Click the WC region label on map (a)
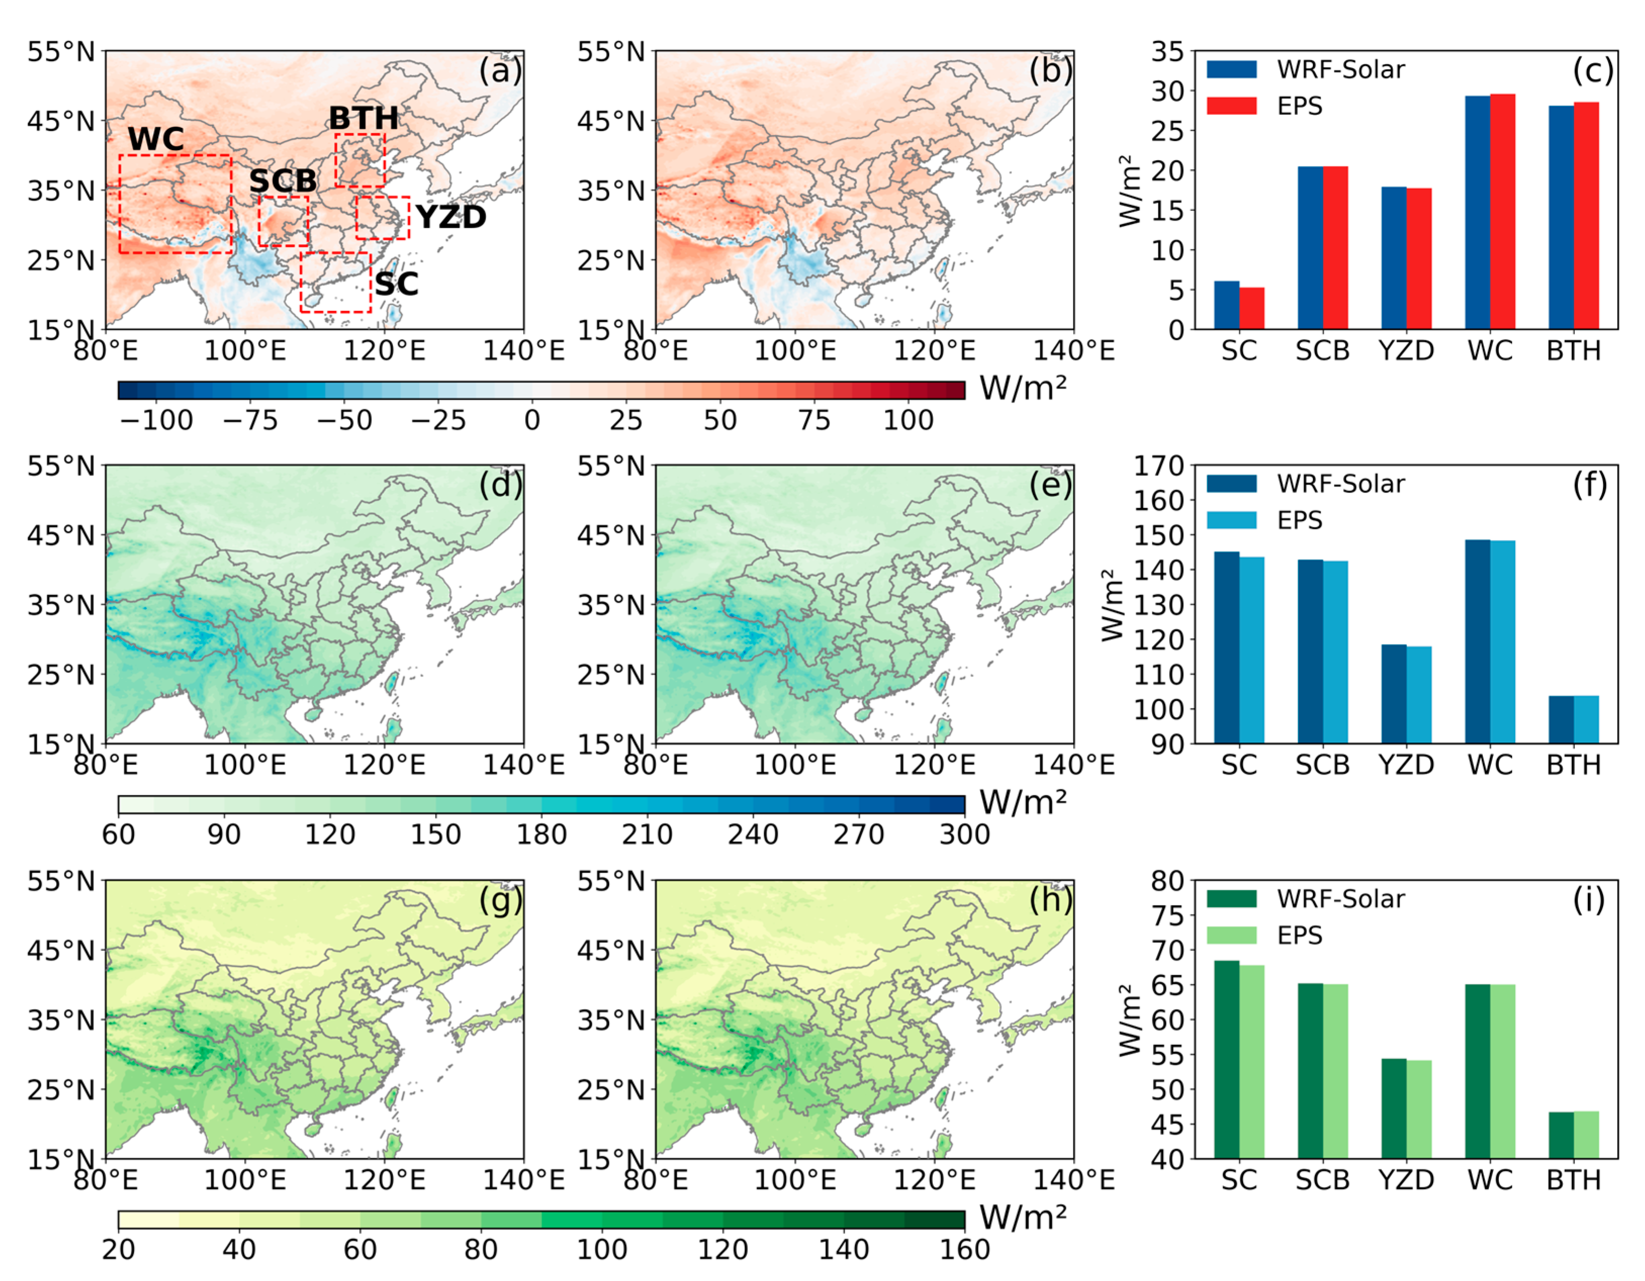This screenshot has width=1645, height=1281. (156, 139)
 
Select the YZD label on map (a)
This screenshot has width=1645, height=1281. (450, 218)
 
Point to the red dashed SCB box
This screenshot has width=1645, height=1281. (283, 221)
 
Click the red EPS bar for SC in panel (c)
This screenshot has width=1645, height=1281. (1252, 309)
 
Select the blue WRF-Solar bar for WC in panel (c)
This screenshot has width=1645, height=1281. (1478, 213)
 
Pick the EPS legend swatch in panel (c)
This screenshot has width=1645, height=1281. (1232, 106)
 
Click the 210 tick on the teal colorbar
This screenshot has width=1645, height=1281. (647, 834)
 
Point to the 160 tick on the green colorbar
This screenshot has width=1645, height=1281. (964, 1249)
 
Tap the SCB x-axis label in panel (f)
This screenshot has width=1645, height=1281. (1323, 765)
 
